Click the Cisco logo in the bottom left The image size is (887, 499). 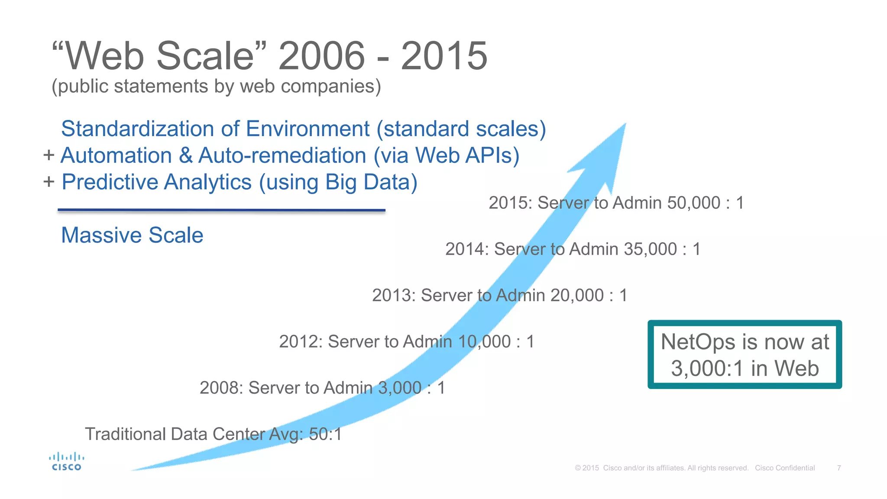(x=66, y=462)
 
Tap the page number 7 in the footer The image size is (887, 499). (x=839, y=468)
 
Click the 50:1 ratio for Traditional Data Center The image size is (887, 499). (x=325, y=434)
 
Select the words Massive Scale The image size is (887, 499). (x=132, y=235)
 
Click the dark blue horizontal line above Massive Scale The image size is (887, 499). (x=221, y=211)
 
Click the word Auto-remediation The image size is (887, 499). (x=282, y=156)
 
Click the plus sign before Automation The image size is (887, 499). (x=49, y=155)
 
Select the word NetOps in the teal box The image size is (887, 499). (x=698, y=342)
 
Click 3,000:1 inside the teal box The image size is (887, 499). (x=708, y=369)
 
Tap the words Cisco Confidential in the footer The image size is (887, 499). (x=785, y=468)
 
